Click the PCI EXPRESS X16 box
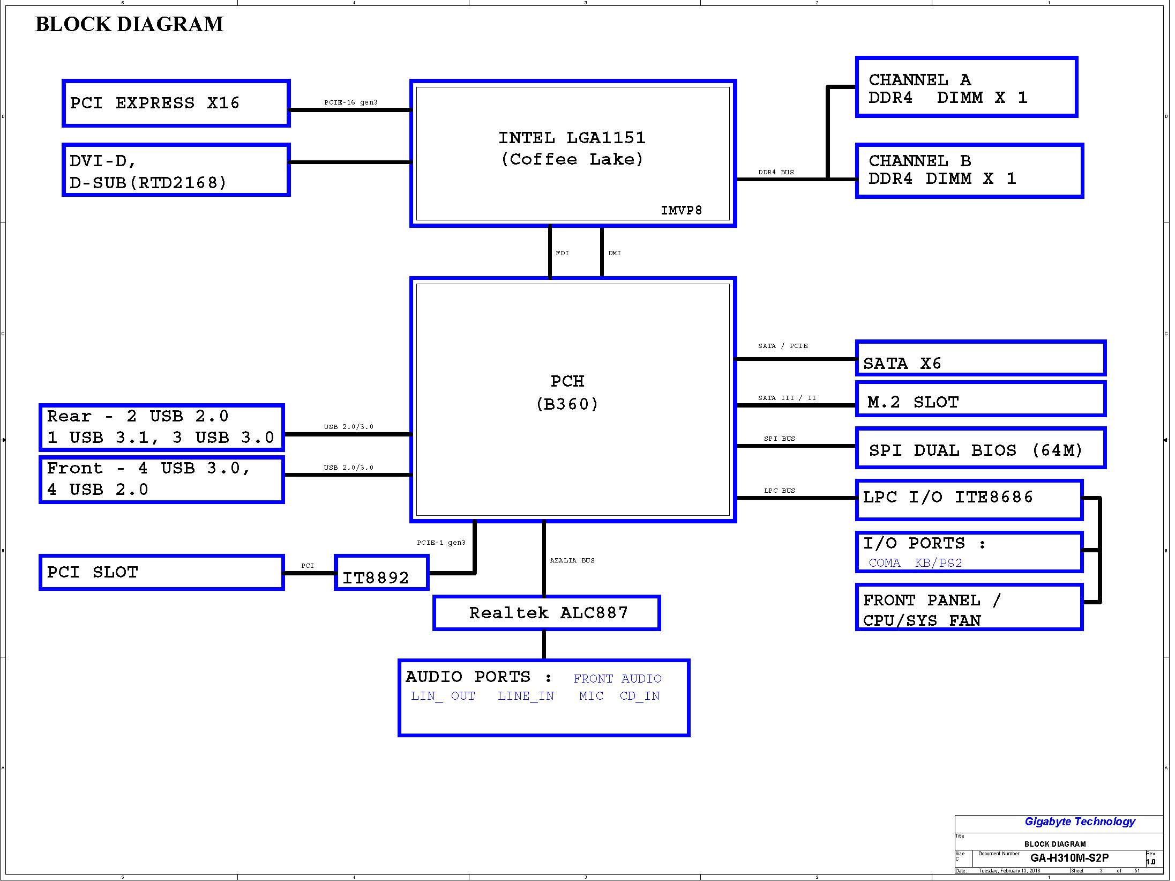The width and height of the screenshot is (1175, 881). pyautogui.click(x=176, y=103)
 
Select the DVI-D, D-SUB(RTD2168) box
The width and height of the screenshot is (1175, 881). pyautogui.click(x=176, y=170)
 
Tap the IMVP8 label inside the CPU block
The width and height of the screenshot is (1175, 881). pyautogui.click(x=681, y=210)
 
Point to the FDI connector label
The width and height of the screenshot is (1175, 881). pyautogui.click(x=562, y=253)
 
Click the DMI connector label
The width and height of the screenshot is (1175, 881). pyautogui.click(x=615, y=253)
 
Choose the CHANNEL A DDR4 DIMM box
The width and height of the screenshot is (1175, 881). pyautogui.click(x=967, y=87)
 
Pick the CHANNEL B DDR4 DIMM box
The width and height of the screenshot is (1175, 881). pyautogui.click(x=969, y=171)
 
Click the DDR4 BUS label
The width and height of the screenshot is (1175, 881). pyautogui.click(x=776, y=172)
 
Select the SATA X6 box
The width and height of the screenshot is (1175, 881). pyautogui.click(x=981, y=358)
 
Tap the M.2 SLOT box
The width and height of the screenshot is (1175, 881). pyautogui.click(x=981, y=399)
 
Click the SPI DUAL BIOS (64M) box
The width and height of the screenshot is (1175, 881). pyautogui.click(x=981, y=448)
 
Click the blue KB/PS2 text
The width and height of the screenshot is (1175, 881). pyautogui.click(x=938, y=563)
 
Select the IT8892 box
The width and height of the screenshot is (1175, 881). pyautogui.click(x=381, y=573)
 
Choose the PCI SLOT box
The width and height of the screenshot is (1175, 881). pyautogui.click(x=161, y=573)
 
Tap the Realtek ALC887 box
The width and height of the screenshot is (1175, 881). pyautogui.click(x=547, y=613)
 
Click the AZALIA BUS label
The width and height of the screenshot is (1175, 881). pyautogui.click(x=572, y=560)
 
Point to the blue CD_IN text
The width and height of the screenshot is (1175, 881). pyautogui.click(x=640, y=696)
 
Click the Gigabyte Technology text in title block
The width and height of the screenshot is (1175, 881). pyautogui.click(x=1080, y=821)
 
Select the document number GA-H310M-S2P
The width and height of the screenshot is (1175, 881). pyautogui.click(x=1069, y=858)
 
